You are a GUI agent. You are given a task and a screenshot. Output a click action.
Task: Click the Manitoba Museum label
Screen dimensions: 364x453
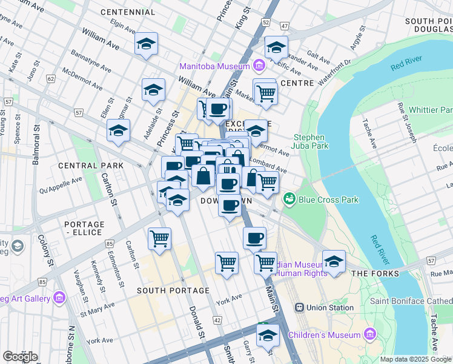coord(214,66)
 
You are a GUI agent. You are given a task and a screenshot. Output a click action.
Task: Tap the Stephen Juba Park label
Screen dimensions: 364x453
coord(310,141)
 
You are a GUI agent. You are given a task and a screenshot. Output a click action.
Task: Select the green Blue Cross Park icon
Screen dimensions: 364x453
coord(289,199)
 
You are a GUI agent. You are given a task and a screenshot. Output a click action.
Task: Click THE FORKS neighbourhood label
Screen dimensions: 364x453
coord(375,274)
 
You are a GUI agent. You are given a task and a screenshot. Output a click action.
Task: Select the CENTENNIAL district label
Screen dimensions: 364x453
coord(128,12)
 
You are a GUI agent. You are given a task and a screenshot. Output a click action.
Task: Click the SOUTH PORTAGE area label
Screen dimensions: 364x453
coord(165,291)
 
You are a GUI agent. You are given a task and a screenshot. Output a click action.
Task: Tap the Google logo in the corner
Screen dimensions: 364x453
coord(20,356)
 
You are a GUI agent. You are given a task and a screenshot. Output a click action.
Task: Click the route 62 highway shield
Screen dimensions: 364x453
coord(51,79)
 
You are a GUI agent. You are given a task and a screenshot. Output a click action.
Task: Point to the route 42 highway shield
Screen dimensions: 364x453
coord(217,320)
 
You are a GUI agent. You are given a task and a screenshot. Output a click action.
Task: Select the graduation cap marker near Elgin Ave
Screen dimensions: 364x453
coord(145,44)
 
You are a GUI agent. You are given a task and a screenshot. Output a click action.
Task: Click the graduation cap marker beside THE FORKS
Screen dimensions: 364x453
coord(334,261)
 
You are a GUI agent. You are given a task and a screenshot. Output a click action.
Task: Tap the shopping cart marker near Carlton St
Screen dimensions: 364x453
coord(159,238)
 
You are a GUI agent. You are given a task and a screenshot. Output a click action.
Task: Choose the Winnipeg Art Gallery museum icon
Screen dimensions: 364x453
coord(59,297)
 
